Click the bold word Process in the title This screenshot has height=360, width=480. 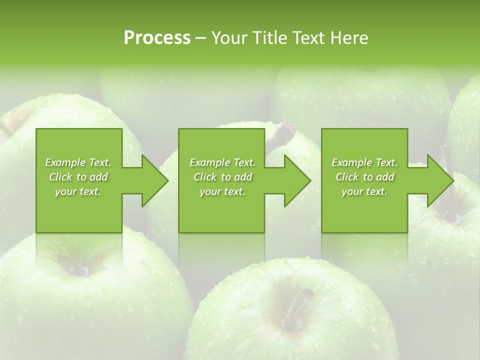coord(157,37)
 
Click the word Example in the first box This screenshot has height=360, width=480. coord(64,162)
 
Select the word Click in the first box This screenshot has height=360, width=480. coord(61,177)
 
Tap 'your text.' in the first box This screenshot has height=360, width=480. coord(78,191)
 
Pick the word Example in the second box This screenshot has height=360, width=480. coord(209,162)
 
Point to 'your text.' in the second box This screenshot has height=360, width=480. coord(222,191)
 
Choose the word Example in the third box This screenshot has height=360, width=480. coord(351,162)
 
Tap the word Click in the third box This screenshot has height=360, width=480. coord(347,177)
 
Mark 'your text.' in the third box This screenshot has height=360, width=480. coord(364,191)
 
